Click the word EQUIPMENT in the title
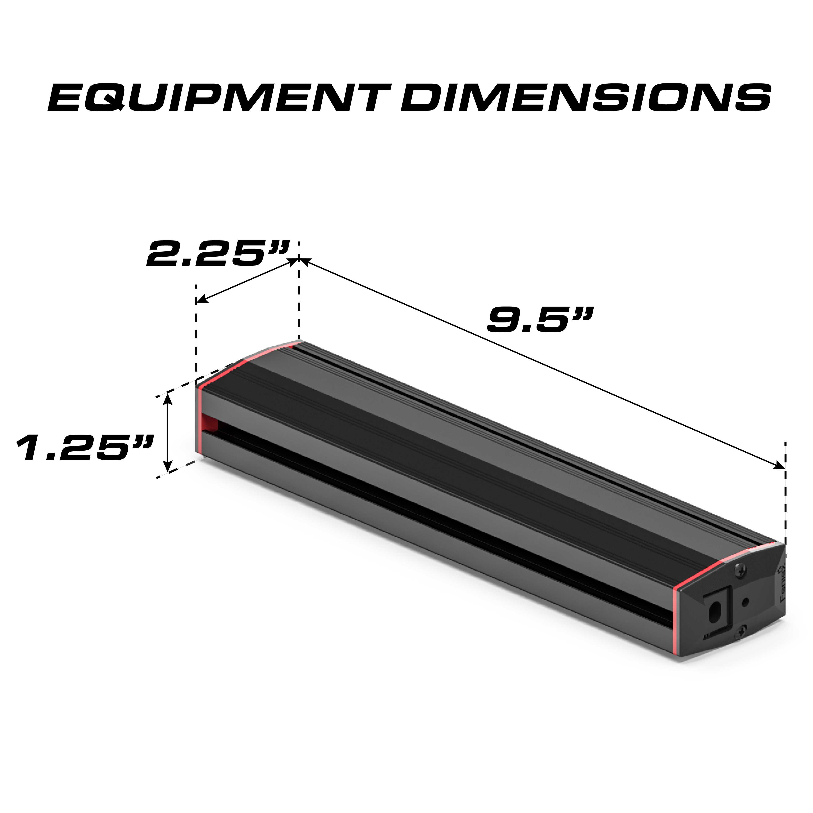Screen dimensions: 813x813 (219, 98)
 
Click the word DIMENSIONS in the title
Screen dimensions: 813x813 (585, 98)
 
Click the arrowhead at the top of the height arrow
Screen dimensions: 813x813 (168, 398)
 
